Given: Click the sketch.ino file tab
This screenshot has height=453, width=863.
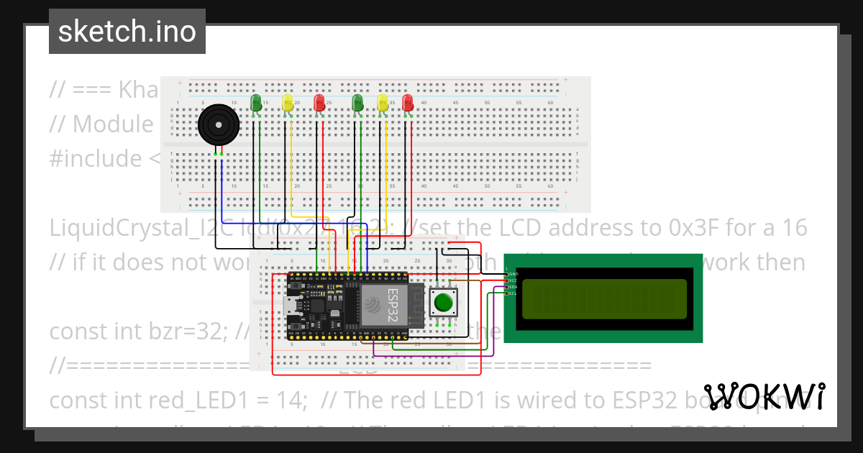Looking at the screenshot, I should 127,32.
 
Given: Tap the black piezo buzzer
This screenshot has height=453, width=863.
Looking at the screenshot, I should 219,127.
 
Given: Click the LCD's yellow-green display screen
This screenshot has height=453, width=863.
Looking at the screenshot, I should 603,298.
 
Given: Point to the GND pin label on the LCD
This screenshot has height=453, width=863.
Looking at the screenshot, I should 513,274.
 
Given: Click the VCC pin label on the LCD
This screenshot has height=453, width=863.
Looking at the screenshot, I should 513,280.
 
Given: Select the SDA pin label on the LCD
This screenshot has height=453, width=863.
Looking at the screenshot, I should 513,287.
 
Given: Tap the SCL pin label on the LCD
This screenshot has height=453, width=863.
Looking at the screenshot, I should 513,293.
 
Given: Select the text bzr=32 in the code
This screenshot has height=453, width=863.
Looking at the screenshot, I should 196,331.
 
